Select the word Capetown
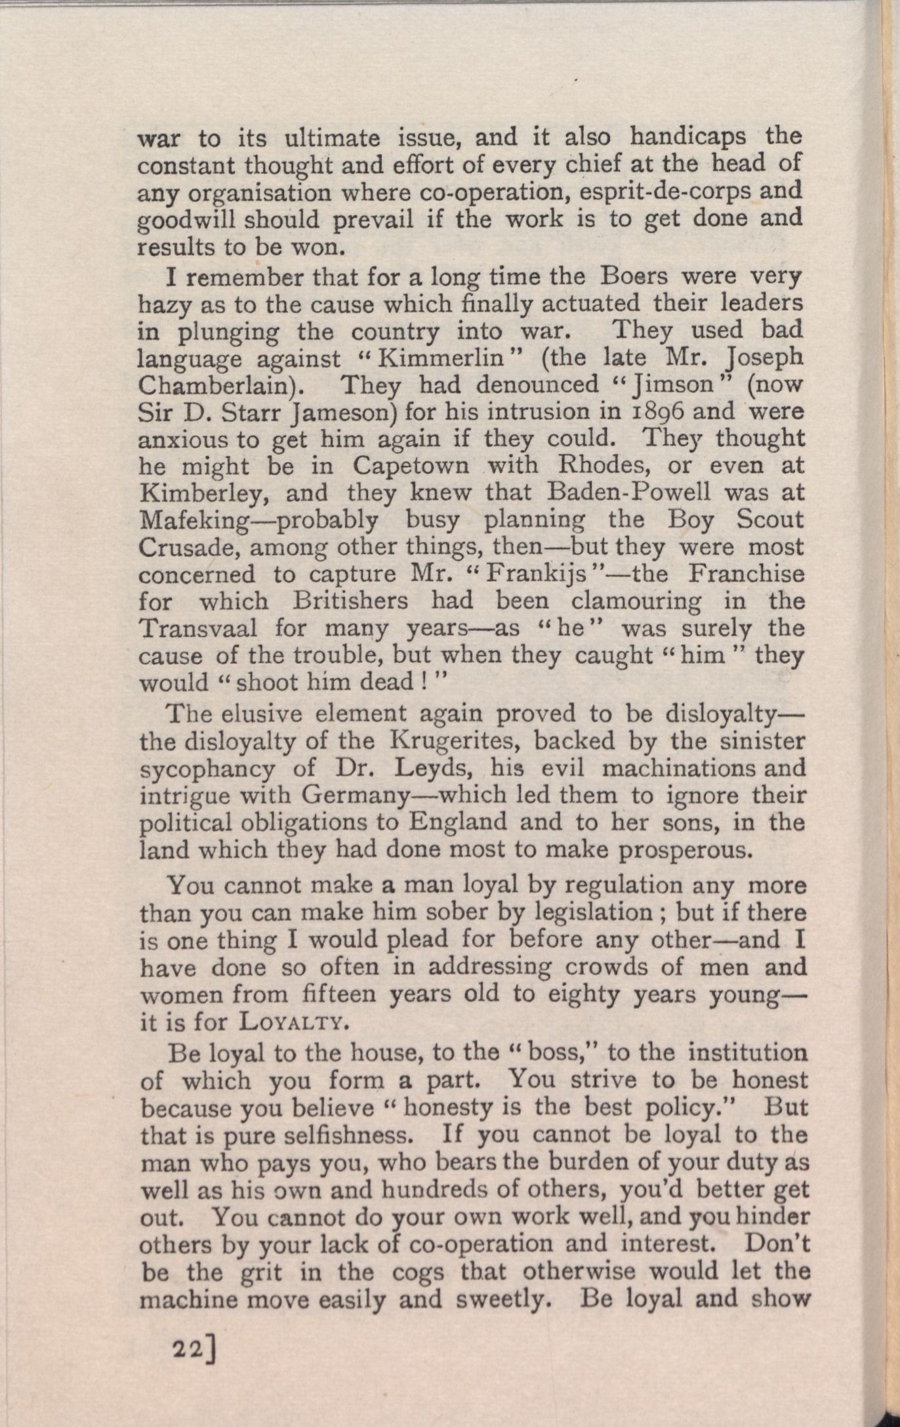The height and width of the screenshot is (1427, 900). click(411, 466)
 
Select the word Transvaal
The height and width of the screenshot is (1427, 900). click(197, 629)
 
